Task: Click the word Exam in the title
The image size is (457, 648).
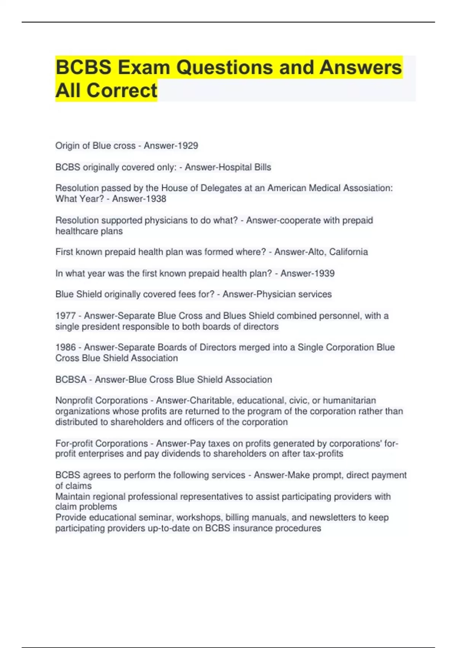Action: (144, 67)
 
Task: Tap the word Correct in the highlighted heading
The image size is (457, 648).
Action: (121, 91)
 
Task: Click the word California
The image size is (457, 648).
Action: (348, 252)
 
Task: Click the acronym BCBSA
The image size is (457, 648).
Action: (71, 380)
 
